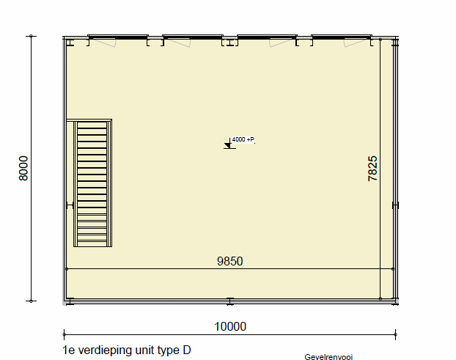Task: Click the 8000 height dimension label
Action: pos(23,169)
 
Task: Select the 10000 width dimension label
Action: pos(230,326)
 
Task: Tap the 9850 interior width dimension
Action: pos(229,261)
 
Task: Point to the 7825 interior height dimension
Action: pos(372,169)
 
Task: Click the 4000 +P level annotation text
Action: pos(243,139)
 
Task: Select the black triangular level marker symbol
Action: pos(227,145)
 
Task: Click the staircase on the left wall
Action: pos(92,183)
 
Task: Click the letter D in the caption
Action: pos(187,350)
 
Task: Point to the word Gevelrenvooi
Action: pos(328,357)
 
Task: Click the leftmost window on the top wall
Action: pos(118,37)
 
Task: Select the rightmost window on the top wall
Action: pos(342,37)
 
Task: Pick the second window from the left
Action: pos(193,37)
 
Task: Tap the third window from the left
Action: pos(267,37)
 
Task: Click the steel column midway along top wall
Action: pos(230,43)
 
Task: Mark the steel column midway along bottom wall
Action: pos(230,301)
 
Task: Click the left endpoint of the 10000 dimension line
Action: pos(64,334)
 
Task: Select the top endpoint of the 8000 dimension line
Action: pos(31,36)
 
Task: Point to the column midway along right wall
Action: pos(395,205)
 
